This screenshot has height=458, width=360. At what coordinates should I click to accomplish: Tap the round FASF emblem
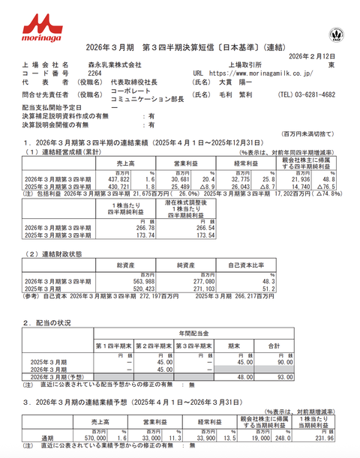click(334, 34)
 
